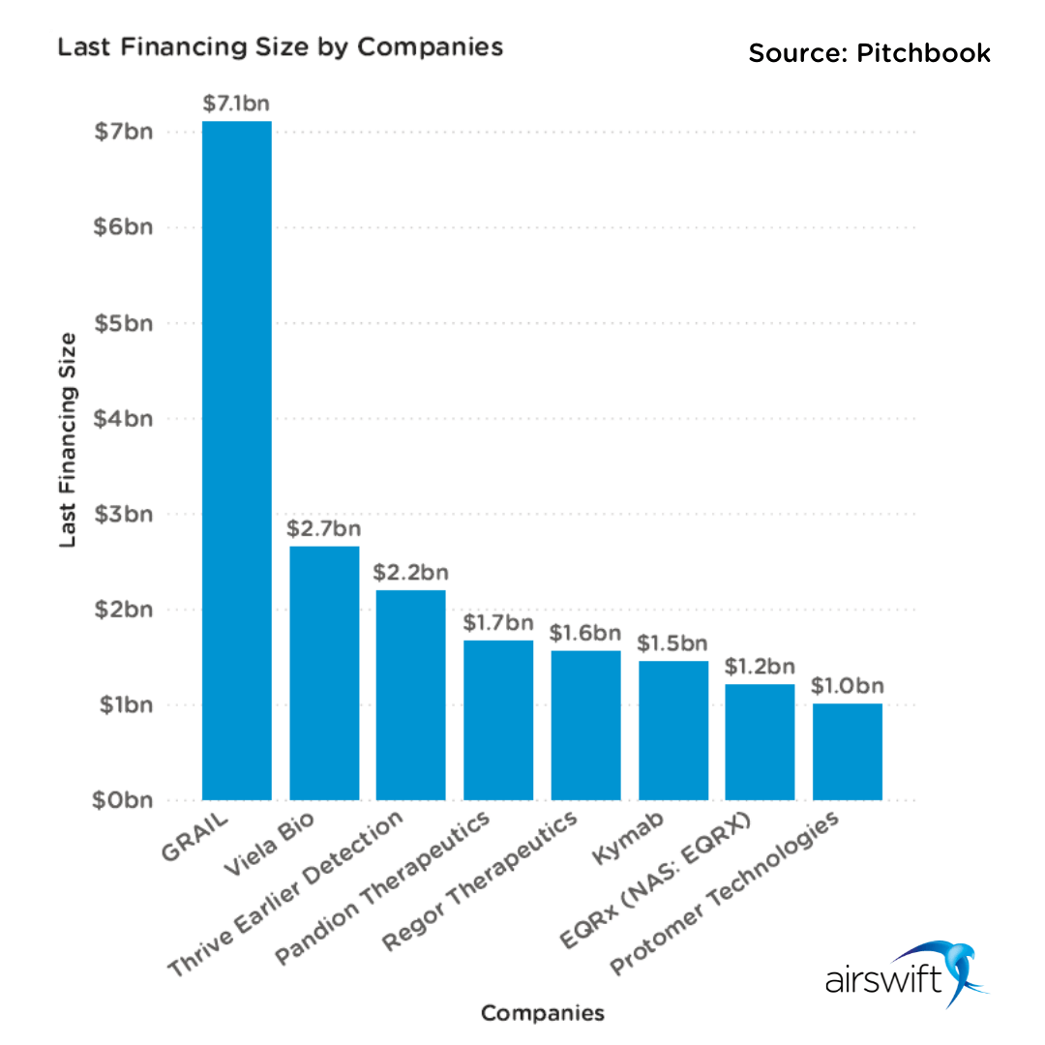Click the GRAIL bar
pos(237,461)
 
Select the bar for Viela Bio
pos(324,673)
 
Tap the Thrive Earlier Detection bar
pos(411,695)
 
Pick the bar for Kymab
pos(672,731)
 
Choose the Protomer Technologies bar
pos(847,752)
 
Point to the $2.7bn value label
pos(324,528)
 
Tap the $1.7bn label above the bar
pos(498,622)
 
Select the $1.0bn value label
pos(847,685)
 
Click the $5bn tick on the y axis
pos(125,323)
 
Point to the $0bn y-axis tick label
pos(125,801)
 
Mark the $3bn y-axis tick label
pos(125,514)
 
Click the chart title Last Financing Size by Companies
pos(281,47)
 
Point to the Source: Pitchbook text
pos(870,53)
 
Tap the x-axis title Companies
pos(542,1013)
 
